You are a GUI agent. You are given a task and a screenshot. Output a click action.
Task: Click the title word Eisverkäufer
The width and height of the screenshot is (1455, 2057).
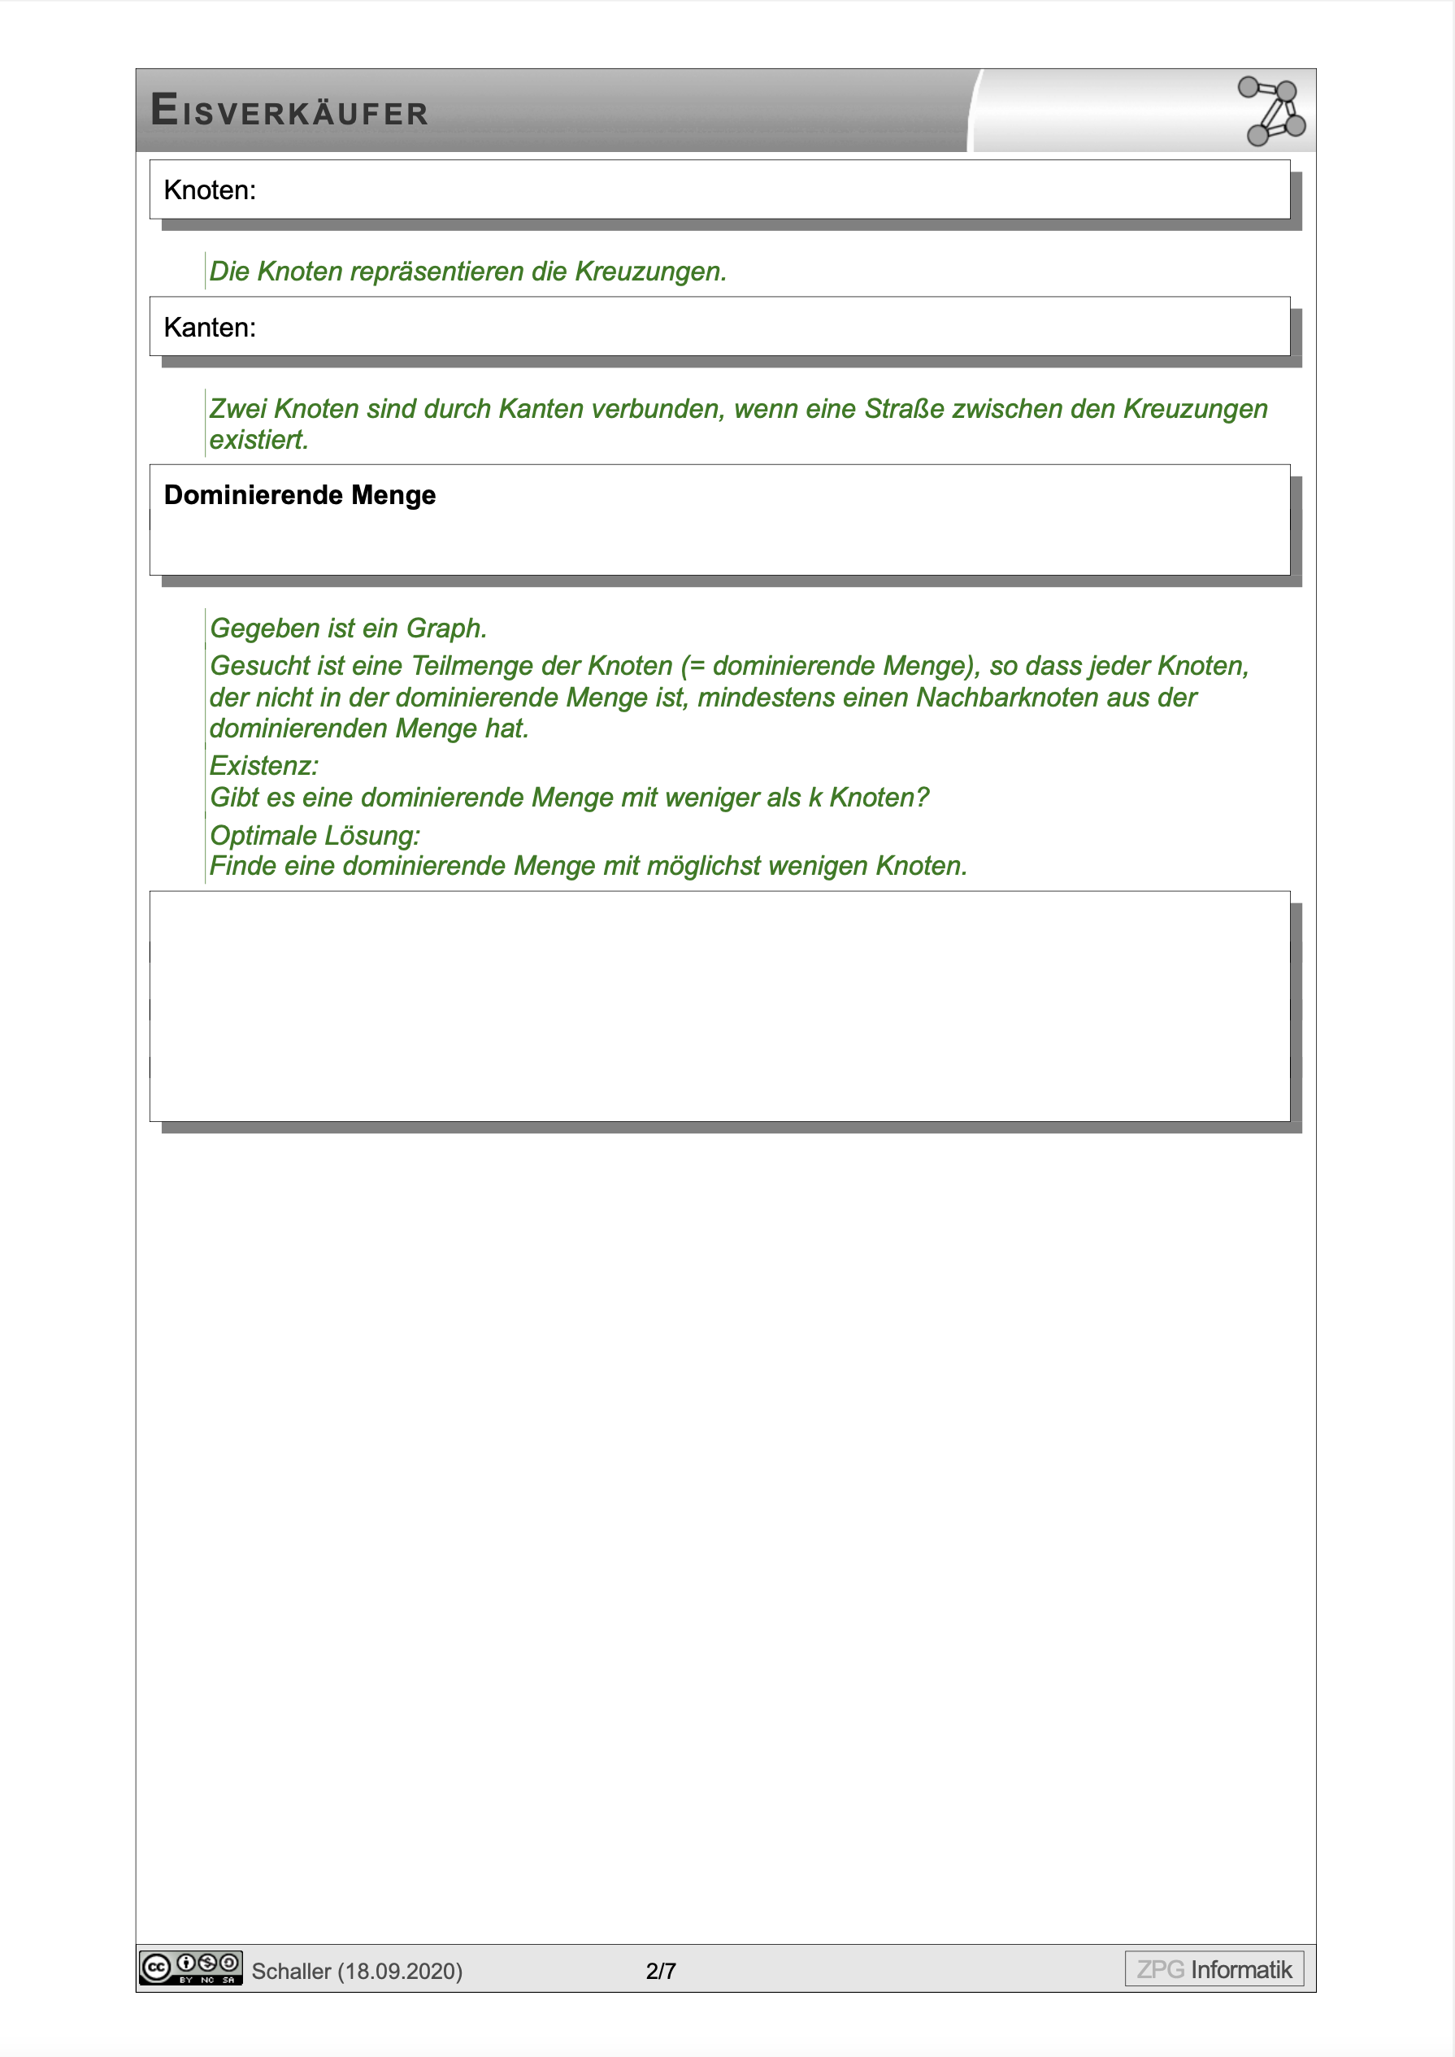pyautogui.click(x=289, y=111)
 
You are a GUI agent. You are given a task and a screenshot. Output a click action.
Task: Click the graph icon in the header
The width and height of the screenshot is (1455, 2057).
pyautogui.click(x=1271, y=111)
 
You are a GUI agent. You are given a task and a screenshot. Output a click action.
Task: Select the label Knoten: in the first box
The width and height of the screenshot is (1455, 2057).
pyautogui.click(x=210, y=191)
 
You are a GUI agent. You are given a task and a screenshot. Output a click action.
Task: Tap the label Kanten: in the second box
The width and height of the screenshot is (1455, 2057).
pyautogui.click(x=210, y=328)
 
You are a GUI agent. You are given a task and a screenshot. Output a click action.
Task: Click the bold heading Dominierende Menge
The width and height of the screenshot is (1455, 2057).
pyautogui.click(x=299, y=495)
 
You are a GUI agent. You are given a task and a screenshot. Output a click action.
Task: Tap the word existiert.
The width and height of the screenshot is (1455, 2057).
pyautogui.click(x=259, y=440)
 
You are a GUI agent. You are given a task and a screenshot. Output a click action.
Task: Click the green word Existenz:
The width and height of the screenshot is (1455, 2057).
pyautogui.click(x=263, y=766)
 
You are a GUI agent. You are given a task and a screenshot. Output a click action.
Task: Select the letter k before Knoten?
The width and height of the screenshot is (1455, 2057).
pyautogui.click(x=814, y=798)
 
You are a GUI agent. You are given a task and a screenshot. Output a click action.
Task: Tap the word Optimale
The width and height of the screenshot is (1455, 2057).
pyautogui.click(x=263, y=835)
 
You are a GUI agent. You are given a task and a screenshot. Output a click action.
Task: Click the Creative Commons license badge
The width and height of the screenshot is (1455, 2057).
pyautogui.click(x=191, y=1968)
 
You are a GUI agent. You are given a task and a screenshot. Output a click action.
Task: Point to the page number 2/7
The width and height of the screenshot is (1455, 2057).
pyautogui.click(x=660, y=1971)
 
